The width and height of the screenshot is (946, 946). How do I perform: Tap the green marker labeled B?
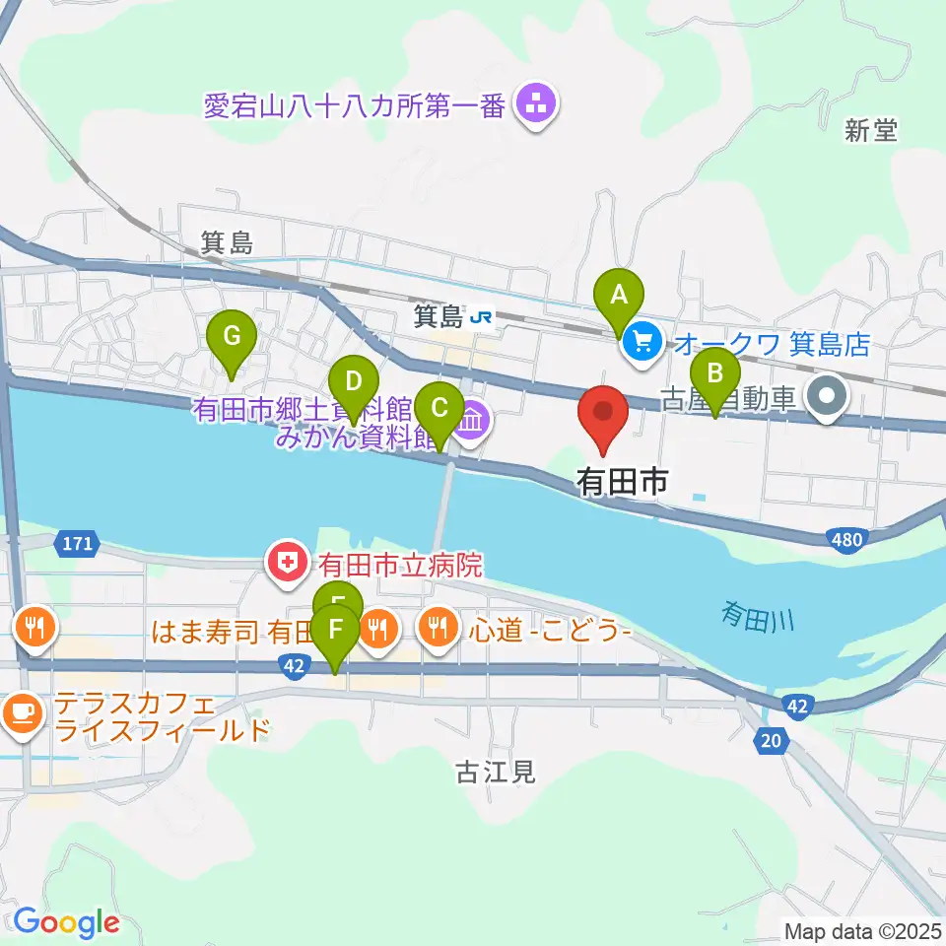[x=716, y=375]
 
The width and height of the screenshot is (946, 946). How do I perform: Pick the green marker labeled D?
[x=354, y=381]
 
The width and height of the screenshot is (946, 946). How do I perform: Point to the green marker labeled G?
[x=232, y=337]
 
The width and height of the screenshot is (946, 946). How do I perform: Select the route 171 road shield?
[x=75, y=542]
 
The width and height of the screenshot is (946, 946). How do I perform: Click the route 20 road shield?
[x=772, y=741]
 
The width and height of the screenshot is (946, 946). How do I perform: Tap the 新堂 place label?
[x=872, y=130]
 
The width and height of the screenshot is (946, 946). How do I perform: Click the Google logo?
[x=66, y=922]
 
